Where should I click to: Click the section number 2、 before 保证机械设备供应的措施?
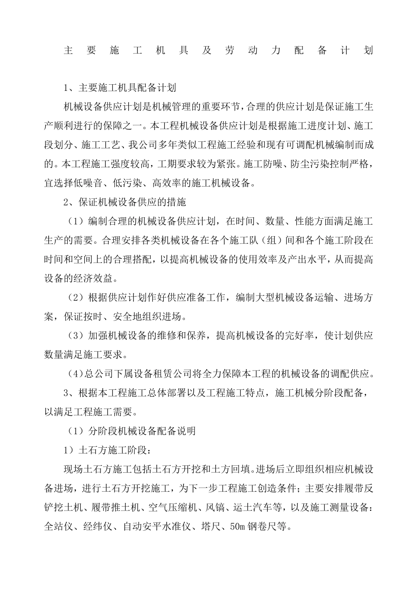click(71, 202)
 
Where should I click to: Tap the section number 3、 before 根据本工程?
click(71, 393)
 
